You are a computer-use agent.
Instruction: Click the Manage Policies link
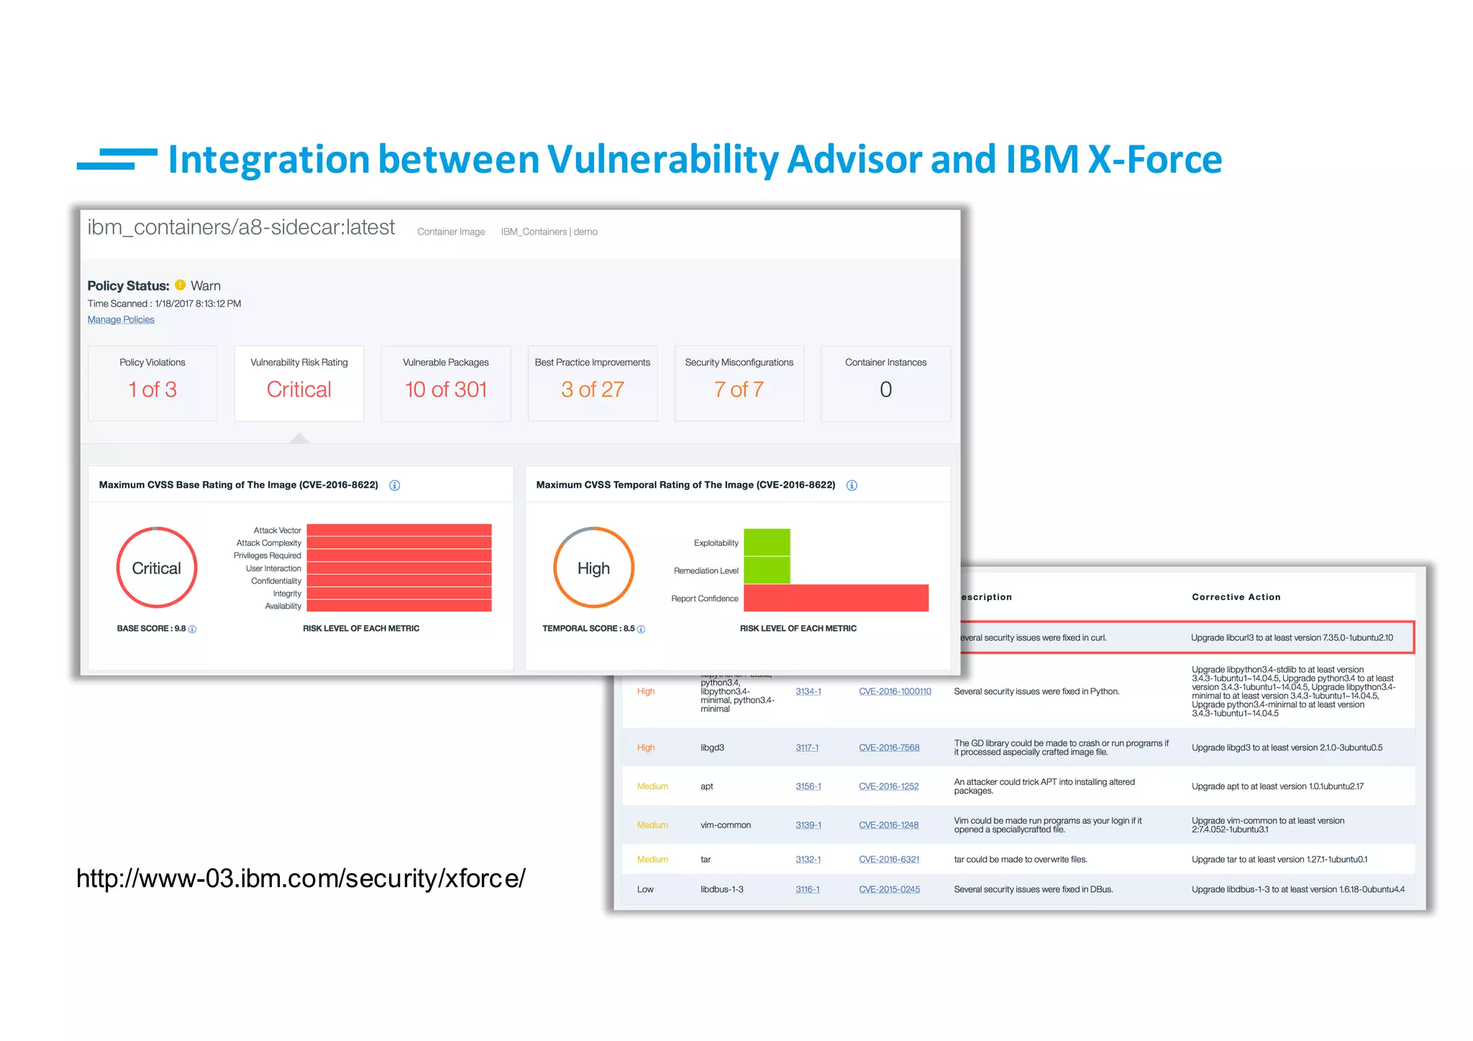[121, 319]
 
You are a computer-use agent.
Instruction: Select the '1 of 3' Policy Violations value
[152, 389]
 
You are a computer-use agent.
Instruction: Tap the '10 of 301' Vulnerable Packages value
[446, 389]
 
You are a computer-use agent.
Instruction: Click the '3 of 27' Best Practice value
[592, 389]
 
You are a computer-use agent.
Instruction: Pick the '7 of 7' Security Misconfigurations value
[739, 389]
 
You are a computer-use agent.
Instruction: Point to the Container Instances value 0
[885, 389]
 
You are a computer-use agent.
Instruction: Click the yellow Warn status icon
[181, 285]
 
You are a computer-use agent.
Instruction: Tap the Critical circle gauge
[157, 568]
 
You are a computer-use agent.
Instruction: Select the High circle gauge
[593, 568]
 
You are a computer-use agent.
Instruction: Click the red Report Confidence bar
[836, 598]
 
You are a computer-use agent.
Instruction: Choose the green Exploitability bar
[767, 542]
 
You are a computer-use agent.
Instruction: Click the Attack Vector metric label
[277, 530]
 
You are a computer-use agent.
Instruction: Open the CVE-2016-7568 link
[889, 747]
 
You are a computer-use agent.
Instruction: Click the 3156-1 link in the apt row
[808, 786]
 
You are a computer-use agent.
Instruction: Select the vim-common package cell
[725, 825]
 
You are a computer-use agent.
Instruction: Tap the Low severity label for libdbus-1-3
[645, 889]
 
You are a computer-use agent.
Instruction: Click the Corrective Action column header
[1236, 597]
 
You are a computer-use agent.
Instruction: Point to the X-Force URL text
[301, 878]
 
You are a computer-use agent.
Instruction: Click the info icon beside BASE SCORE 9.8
[192, 629]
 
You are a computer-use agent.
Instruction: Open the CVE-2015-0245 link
[889, 889]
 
